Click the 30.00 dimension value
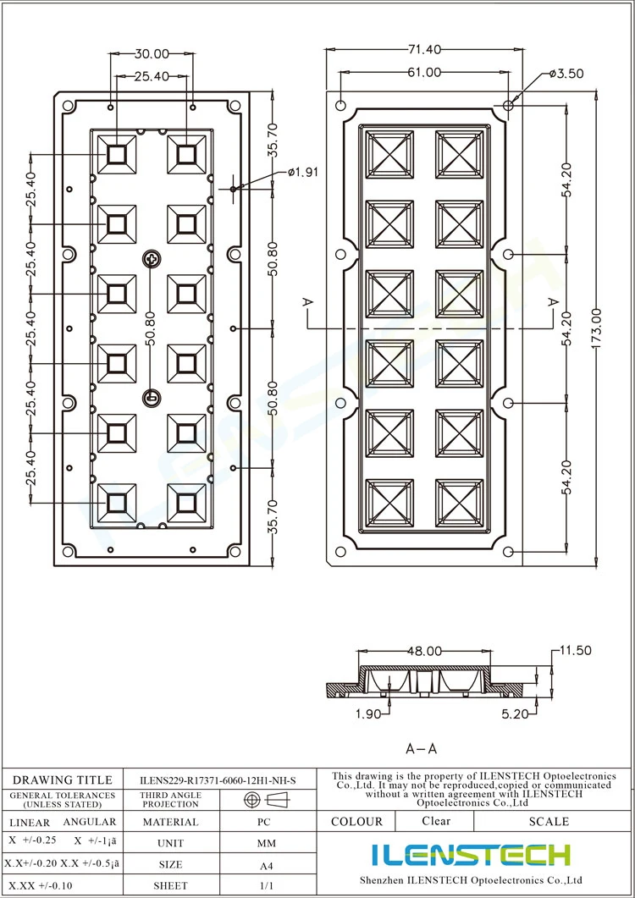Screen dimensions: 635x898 (152, 54)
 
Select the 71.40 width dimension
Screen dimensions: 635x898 (425, 50)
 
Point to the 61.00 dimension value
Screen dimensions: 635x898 (424, 73)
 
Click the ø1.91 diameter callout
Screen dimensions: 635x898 (302, 173)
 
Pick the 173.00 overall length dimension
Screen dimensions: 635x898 (597, 328)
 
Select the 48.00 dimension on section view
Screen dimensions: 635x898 (425, 651)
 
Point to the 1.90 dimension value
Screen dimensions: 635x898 (368, 713)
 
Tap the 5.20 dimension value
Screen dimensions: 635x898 (514, 713)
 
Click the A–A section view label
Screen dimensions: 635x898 (422, 748)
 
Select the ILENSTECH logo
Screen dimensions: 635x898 (471, 855)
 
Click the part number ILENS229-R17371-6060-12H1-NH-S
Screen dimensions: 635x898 (218, 780)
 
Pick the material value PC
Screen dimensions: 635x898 (263, 822)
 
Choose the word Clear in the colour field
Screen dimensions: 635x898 (436, 821)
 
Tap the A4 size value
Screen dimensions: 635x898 (265, 865)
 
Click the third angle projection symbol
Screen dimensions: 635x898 (267, 800)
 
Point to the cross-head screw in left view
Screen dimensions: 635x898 (152, 259)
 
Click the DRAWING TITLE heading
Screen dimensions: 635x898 (63, 780)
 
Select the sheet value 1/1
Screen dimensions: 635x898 (266, 885)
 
